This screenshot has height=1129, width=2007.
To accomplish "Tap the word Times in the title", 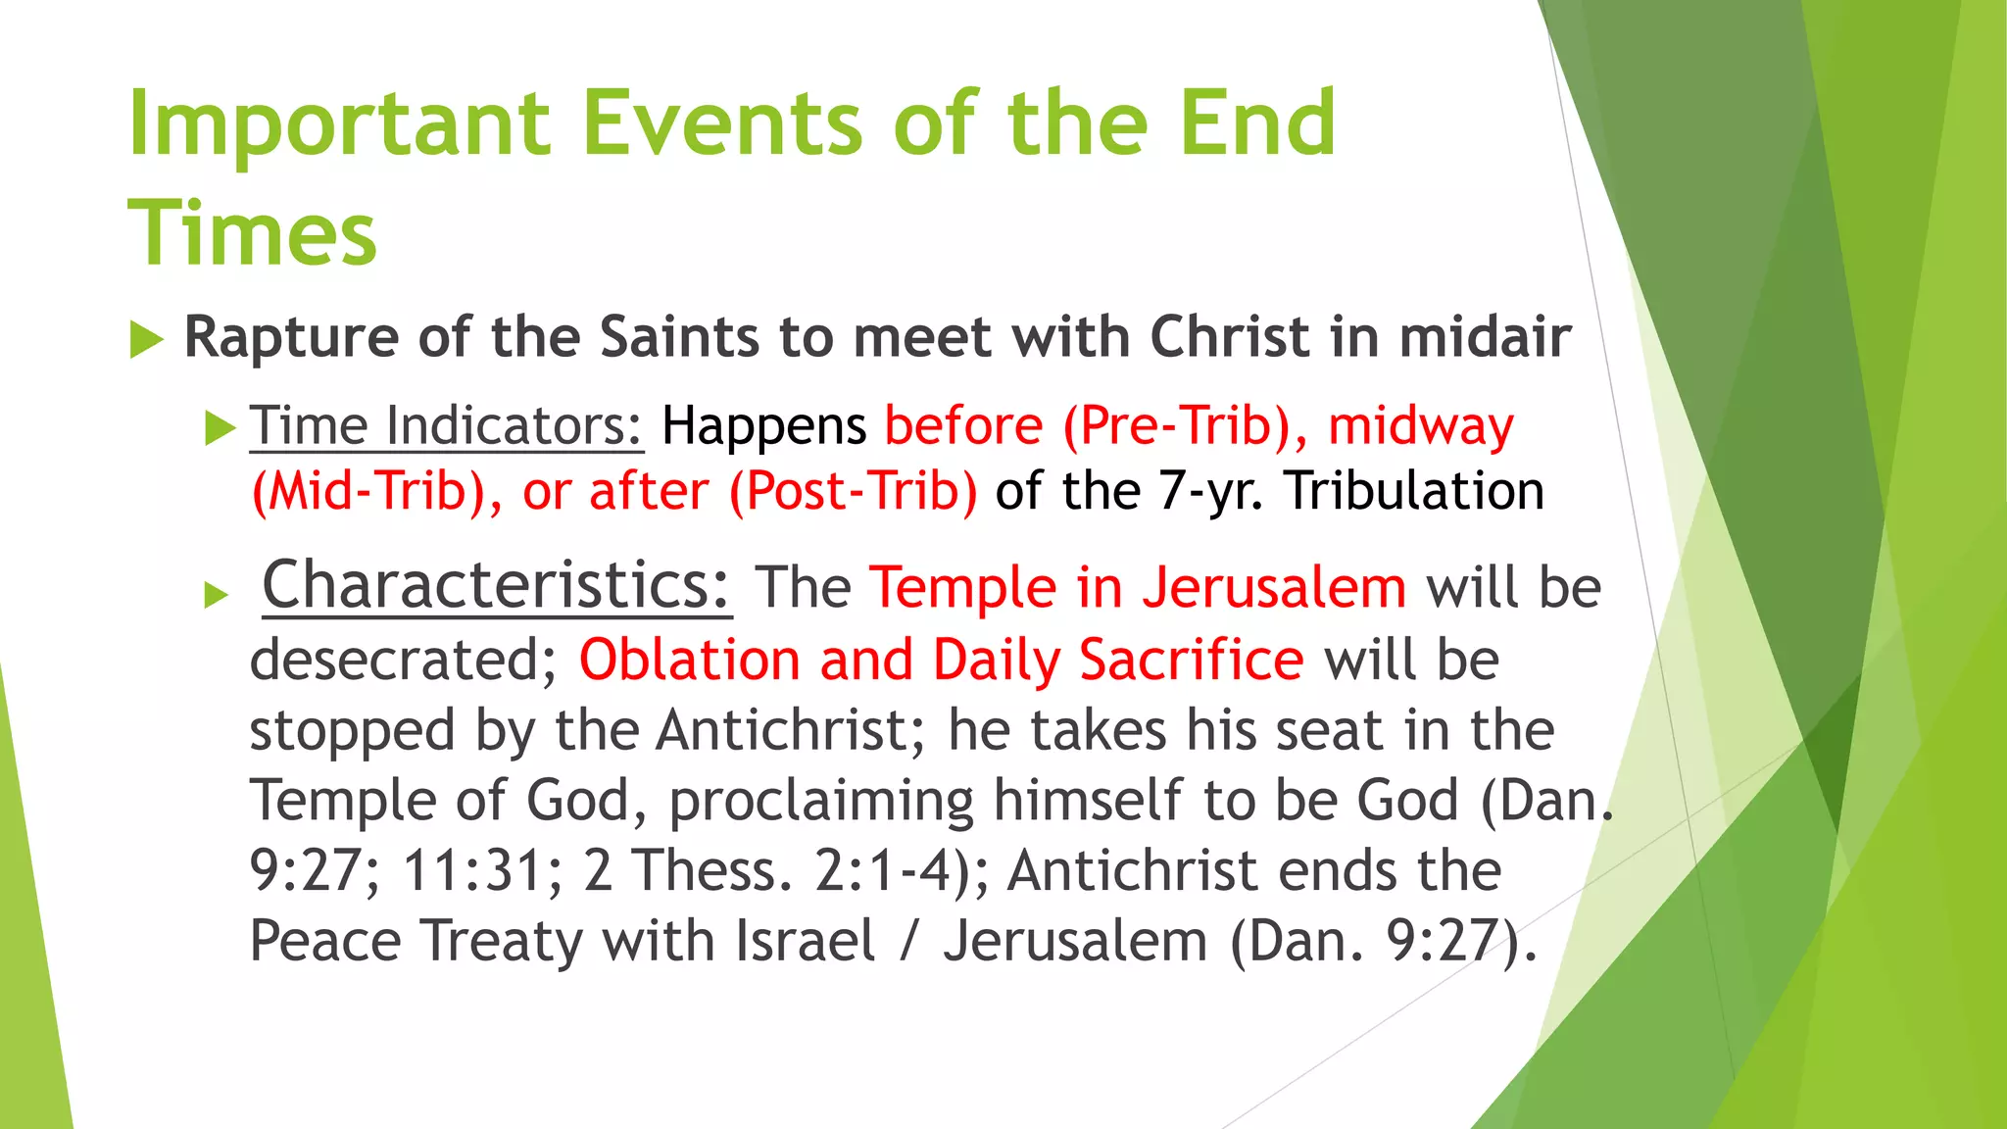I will pos(252,234).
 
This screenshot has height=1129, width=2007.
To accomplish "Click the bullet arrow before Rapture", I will pos(146,340).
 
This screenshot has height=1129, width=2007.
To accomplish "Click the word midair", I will pos(1485,337).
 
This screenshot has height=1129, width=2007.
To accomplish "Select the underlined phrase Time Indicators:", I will pos(447,426).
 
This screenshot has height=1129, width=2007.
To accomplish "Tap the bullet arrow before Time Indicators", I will pos(220,428).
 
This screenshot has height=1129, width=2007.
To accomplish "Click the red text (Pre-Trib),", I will pos(1186,426).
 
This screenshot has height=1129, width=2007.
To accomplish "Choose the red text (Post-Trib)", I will pos(853,491).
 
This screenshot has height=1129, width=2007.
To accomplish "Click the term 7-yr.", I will pos(1211,491).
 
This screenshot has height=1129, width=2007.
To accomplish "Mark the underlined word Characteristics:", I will pos(497,585).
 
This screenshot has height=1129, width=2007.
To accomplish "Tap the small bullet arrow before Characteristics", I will pos(217,594).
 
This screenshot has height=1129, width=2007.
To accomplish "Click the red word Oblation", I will pos(690,660).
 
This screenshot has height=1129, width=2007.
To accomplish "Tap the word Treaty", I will pos(503,941).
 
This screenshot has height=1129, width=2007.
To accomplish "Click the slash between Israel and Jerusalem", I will pos(910,941).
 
